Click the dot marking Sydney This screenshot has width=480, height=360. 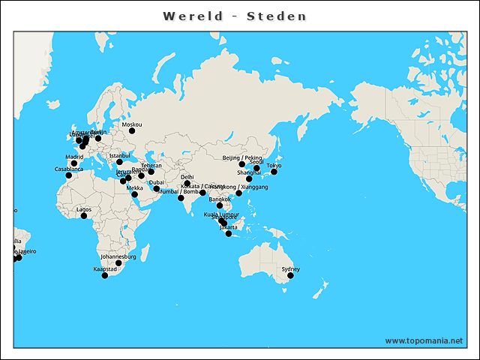pyautogui.click(x=290, y=276)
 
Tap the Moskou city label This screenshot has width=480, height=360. pyautogui.click(x=131, y=124)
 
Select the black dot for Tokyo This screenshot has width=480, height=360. pyautogui.click(x=274, y=172)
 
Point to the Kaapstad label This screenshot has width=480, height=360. pyautogui.click(x=105, y=268)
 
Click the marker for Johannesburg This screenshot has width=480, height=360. pyautogui.click(x=118, y=263)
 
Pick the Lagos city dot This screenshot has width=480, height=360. pyautogui.click(x=84, y=216)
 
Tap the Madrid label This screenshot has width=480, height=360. pyautogui.click(x=74, y=157)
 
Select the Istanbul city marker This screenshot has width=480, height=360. pyautogui.click(x=119, y=162)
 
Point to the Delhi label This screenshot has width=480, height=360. pyautogui.click(x=187, y=177)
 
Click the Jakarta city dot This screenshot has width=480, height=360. pyautogui.click(x=229, y=234)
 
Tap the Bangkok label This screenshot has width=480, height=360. pyautogui.click(x=220, y=199)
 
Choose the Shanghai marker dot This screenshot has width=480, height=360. pyautogui.click(x=249, y=178)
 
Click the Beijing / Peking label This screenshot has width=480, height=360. pyautogui.click(x=242, y=157)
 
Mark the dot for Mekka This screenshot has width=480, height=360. pyautogui.click(x=135, y=195)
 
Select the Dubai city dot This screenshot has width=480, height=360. pyautogui.click(x=157, y=188)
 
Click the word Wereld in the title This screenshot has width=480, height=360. pyautogui.click(x=192, y=16)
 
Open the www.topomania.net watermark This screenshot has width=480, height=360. pyautogui.click(x=424, y=340)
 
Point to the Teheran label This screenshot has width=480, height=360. pyautogui.click(x=151, y=165)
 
